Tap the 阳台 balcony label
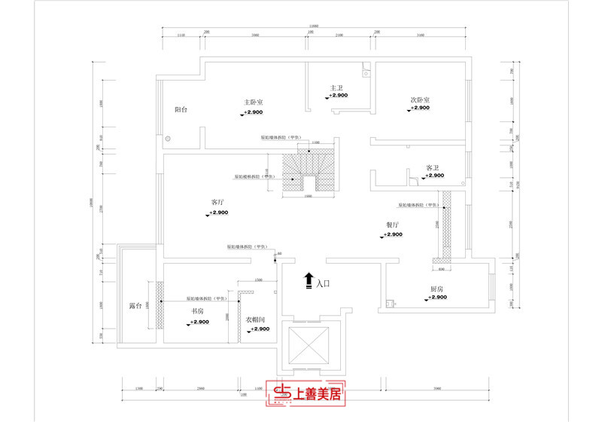(x=181, y=110)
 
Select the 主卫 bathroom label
(x=336, y=87)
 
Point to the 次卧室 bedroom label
(x=420, y=99)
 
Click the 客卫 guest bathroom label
(x=433, y=167)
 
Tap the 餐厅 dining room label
(x=392, y=225)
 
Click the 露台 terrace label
(x=136, y=307)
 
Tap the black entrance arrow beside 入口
(x=308, y=282)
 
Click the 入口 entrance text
(x=324, y=284)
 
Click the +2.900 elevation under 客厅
(x=219, y=214)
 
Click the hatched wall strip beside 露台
(x=159, y=304)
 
